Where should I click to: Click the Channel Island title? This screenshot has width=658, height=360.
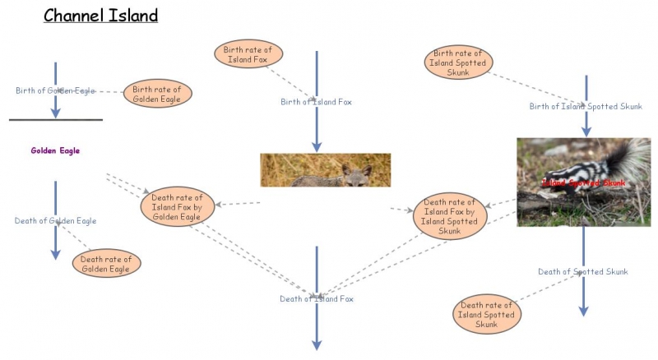[x=100, y=16]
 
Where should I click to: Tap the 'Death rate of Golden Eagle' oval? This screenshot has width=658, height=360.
[x=107, y=264]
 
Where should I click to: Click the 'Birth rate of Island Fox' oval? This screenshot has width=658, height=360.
[x=250, y=54]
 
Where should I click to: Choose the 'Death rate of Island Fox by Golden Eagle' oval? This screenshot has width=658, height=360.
[x=178, y=206]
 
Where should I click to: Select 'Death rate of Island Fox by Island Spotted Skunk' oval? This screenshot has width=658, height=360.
[x=449, y=216]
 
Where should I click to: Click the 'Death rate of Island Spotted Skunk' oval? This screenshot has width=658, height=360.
[x=486, y=314]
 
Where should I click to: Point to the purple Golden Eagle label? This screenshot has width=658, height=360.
[x=55, y=151]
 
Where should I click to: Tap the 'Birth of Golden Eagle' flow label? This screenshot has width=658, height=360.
[x=55, y=90]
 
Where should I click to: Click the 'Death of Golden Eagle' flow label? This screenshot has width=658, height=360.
[x=55, y=221]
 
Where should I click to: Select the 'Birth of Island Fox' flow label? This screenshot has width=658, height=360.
[x=316, y=102]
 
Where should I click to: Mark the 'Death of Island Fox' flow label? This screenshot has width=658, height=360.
[x=316, y=299]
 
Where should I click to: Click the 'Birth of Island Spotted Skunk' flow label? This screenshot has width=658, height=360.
[x=586, y=107]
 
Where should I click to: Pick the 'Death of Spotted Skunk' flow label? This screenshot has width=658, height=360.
[x=583, y=272]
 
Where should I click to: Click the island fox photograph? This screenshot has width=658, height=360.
[x=325, y=170]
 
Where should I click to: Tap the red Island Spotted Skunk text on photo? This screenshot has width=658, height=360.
[x=584, y=182]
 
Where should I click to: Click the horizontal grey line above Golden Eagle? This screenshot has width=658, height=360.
[x=55, y=120]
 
